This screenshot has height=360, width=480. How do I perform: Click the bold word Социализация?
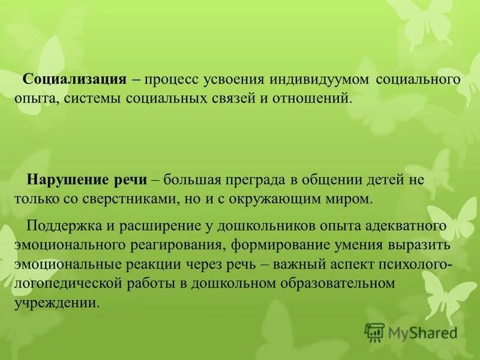[74, 80]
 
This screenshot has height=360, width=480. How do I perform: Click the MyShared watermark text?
[423, 332]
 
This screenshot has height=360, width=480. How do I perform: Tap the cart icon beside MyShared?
[374, 331]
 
